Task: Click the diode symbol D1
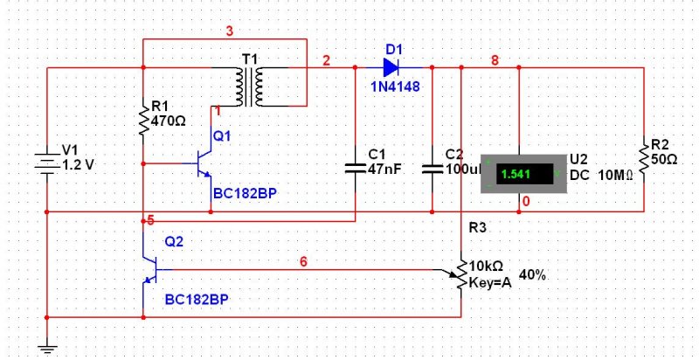(x=391, y=68)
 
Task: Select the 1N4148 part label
(x=396, y=87)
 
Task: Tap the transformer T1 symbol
(x=250, y=87)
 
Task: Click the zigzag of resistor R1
(x=143, y=120)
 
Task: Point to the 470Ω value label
(x=169, y=121)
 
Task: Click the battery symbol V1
(x=47, y=163)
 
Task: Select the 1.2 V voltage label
(x=79, y=165)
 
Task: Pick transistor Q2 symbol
(x=150, y=270)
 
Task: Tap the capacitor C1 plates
(x=356, y=168)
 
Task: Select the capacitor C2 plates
(x=433, y=168)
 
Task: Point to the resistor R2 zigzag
(x=644, y=160)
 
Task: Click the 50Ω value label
(x=664, y=159)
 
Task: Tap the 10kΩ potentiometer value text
(x=487, y=267)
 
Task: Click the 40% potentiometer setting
(x=532, y=275)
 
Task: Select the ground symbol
(x=47, y=349)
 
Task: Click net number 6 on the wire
(x=303, y=262)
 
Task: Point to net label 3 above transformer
(x=229, y=31)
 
